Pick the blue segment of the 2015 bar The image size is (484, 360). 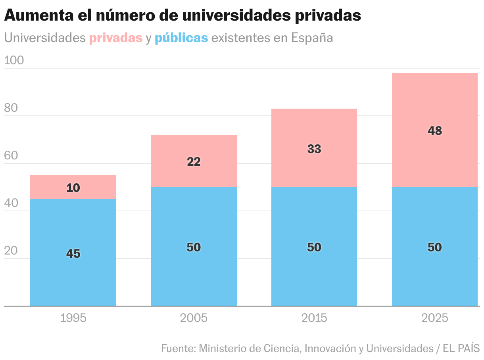coord(314,274)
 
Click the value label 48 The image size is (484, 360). coord(435,131)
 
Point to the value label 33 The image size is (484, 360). coord(314,149)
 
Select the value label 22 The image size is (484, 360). coord(194,162)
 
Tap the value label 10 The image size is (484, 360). coord(73,188)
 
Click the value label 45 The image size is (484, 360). coord(73,254)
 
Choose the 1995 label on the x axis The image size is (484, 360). coord(73,318)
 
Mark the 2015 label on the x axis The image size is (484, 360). coord(314,318)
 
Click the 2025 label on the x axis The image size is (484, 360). coord(435,318)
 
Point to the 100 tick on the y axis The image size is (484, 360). coord(14,60)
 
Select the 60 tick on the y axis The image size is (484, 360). coord(11,155)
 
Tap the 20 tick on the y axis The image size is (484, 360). coord(11,251)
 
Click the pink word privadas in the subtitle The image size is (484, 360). coord(116,38)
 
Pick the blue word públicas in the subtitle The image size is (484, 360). coord(181,38)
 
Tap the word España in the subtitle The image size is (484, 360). coord(312,38)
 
